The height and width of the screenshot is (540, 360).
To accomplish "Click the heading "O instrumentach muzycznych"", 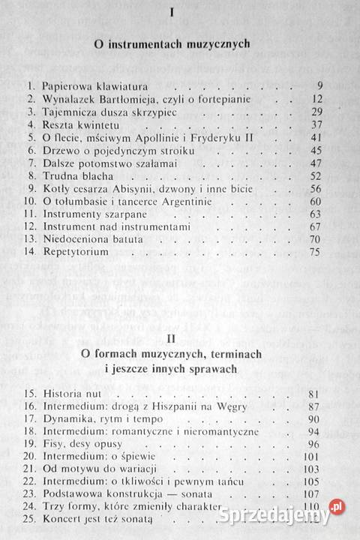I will pyautogui.click(x=177, y=44).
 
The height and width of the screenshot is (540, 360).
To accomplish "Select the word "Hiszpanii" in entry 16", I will pyautogui.click(x=177, y=386).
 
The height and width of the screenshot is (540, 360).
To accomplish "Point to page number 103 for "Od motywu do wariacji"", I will pyautogui.click(x=313, y=450).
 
